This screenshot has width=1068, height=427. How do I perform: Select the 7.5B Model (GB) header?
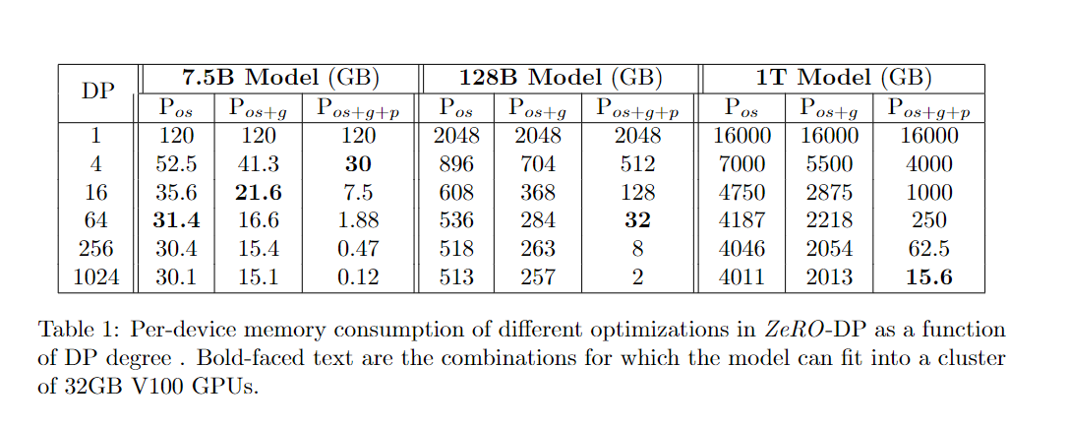tap(281, 78)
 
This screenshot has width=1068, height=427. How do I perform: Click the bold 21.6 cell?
tap(259, 193)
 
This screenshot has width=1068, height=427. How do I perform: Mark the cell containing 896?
tap(455, 164)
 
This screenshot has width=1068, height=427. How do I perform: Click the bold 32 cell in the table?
tap(637, 221)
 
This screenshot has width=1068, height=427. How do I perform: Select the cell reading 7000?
tap(742, 164)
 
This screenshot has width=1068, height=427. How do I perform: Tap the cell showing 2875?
tap(828, 193)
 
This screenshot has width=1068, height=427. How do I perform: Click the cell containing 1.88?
tap(358, 221)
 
